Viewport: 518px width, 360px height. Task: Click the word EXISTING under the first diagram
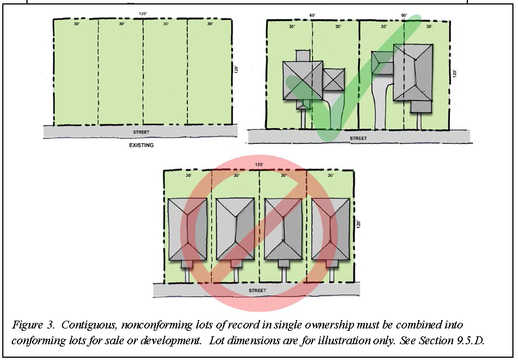click(x=141, y=145)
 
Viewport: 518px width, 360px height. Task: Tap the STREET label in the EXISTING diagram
click(x=141, y=132)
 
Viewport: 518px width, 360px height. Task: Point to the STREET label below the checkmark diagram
click(x=359, y=138)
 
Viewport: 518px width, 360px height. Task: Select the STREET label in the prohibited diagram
click(x=257, y=290)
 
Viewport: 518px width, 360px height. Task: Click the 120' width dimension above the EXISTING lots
click(x=142, y=14)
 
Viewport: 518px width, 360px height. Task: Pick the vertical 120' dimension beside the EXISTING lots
click(x=236, y=70)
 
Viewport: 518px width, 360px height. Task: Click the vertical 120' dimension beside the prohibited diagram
click(x=359, y=224)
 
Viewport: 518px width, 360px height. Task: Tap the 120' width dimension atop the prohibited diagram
click(x=259, y=164)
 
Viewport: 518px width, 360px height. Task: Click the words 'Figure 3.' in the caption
click(x=33, y=325)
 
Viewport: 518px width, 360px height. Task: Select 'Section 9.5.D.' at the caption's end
click(x=451, y=340)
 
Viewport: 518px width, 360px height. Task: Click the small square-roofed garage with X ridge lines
click(x=334, y=79)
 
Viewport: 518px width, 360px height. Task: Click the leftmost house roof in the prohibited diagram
click(x=187, y=229)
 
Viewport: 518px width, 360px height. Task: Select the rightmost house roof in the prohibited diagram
click(x=331, y=229)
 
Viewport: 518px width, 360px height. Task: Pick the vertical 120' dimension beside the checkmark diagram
click(x=454, y=74)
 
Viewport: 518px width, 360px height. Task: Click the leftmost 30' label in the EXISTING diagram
click(x=77, y=24)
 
